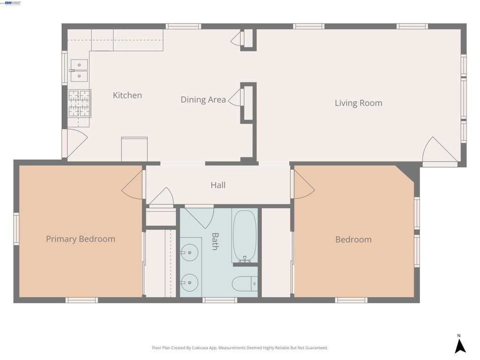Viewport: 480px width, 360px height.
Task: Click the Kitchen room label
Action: [127, 95]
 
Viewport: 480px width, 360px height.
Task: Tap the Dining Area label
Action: [203, 100]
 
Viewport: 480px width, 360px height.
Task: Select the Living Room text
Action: [358, 103]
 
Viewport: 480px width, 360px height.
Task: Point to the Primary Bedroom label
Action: [80, 239]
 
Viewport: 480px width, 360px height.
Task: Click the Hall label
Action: [218, 185]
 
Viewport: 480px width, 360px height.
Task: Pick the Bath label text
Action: [215, 241]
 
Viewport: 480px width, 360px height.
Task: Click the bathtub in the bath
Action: [244, 235]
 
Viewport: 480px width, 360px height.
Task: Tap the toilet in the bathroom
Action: [244, 284]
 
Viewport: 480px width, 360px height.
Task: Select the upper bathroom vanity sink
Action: [189, 253]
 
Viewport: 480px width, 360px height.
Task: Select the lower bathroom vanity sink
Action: [189, 283]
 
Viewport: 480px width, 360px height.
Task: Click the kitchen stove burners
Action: [79, 103]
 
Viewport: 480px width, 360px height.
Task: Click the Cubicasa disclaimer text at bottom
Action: [240, 348]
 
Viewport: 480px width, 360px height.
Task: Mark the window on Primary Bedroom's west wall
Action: [16, 228]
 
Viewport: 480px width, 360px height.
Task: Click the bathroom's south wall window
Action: [219, 300]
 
